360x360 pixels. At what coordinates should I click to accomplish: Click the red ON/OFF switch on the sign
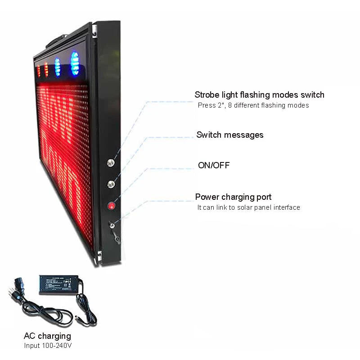[111, 206]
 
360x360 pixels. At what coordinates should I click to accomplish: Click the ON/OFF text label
[214, 165]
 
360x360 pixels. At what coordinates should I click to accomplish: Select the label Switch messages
[230, 135]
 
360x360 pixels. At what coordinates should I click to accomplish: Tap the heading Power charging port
[233, 197]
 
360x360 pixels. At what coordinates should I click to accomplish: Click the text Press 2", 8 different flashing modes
[253, 105]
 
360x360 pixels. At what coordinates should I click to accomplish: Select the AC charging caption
[47, 336]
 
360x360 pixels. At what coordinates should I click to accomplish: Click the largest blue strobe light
[75, 63]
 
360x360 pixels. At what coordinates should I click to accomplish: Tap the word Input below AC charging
[32, 346]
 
